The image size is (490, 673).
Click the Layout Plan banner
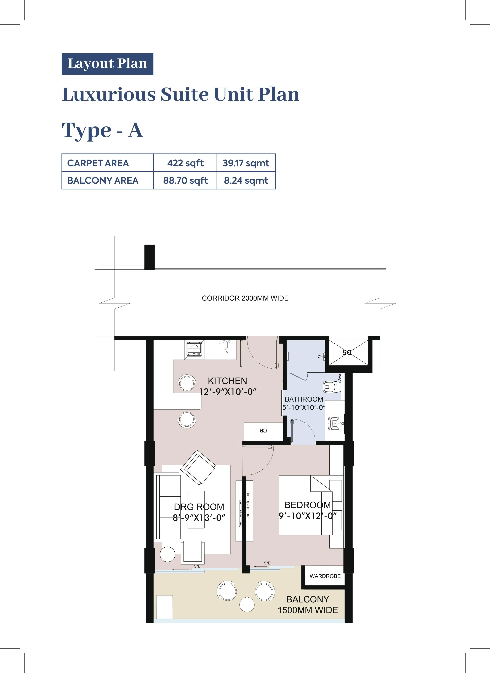tap(107, 64)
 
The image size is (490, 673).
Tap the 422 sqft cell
tap(185, 163)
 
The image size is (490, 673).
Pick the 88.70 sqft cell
tap(185, 180)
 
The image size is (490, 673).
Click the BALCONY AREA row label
tap(103, 180)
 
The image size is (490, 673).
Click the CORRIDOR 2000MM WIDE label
tap(245, 298)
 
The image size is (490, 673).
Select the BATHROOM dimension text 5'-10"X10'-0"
tap(304, 407)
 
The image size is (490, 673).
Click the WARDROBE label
tap(325, 576)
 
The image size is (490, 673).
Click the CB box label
tap(263, 431)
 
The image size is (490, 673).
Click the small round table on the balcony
tap(247, 605)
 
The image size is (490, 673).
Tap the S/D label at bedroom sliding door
tap(267, 563)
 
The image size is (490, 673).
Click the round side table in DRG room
tap(168, 554)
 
